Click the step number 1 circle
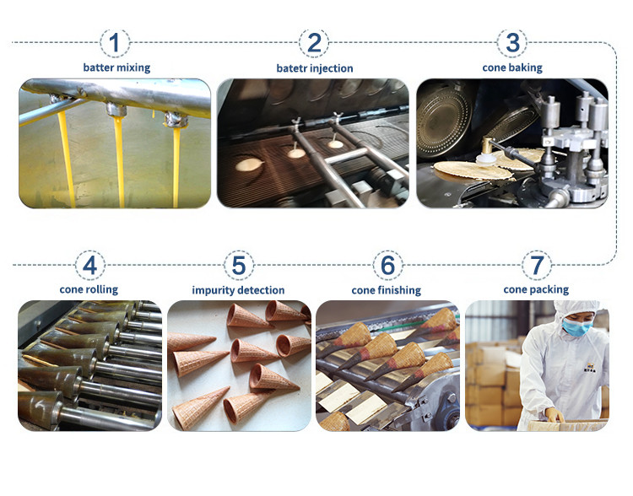(115, 42)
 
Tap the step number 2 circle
(314, 42)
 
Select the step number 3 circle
(512, 42)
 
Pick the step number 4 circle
(89, 265)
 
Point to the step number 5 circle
(239, 265)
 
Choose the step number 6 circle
(387, 265)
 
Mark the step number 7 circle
(537, 265)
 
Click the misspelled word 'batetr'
(289, 68)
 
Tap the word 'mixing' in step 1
(134, 67)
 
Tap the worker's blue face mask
(577, 326)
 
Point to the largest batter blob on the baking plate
(249, 164)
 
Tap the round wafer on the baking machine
(473, 170)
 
